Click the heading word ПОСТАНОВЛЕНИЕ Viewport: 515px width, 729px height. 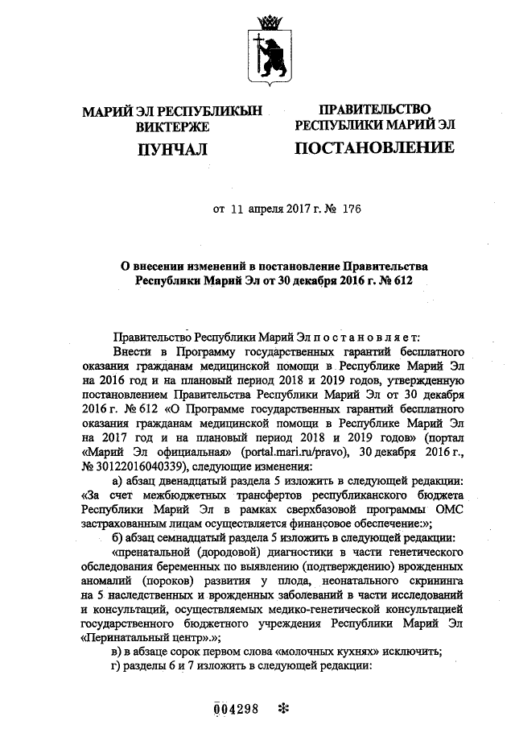coord(374,147)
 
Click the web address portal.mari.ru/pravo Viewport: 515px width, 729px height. coord(295,452)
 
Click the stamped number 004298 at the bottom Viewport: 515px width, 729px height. coord(235,710)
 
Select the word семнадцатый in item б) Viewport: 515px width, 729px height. coord(206,538)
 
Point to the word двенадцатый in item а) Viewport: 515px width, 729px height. coord(204,480)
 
